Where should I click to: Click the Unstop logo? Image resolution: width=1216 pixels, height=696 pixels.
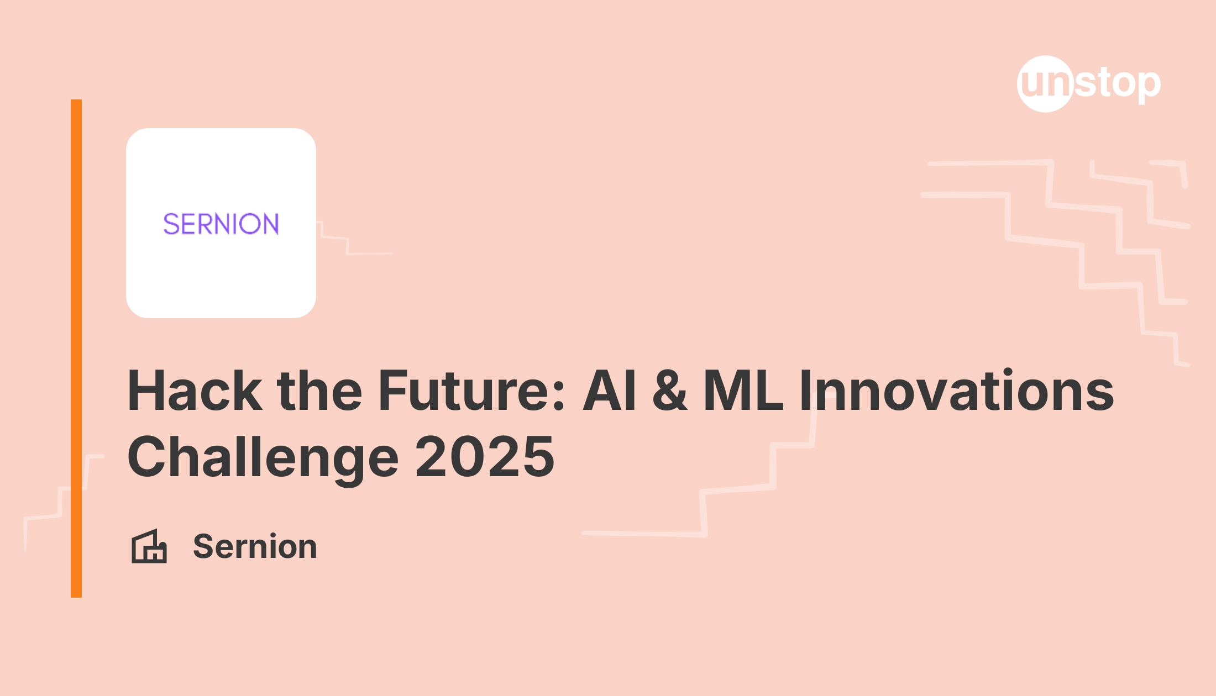coord(1088,84)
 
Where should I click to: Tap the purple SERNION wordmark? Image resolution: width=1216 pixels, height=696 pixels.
coord(221,224)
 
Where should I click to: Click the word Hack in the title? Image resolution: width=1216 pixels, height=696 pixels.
coord(195,391)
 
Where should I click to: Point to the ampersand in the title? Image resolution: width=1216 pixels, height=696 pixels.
coord(670,391)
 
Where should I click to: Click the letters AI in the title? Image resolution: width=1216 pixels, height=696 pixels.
coord(610,391)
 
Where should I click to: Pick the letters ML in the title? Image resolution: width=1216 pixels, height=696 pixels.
coord(743,391)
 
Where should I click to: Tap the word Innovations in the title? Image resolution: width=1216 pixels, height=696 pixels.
coord(957,391)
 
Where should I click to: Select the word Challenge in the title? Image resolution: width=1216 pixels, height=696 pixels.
coord(263,457)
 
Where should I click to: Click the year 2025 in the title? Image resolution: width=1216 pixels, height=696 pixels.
coord(485,457)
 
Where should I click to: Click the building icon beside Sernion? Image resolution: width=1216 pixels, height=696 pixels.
coord(149,546)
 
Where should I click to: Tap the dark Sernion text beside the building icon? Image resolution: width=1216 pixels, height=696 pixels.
coord(255,546)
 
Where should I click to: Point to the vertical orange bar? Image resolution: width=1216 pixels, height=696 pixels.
coord(76,348)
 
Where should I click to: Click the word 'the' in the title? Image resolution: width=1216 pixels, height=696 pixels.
coord(319,391)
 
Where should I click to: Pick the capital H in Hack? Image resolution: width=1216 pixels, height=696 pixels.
coord(148,391)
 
